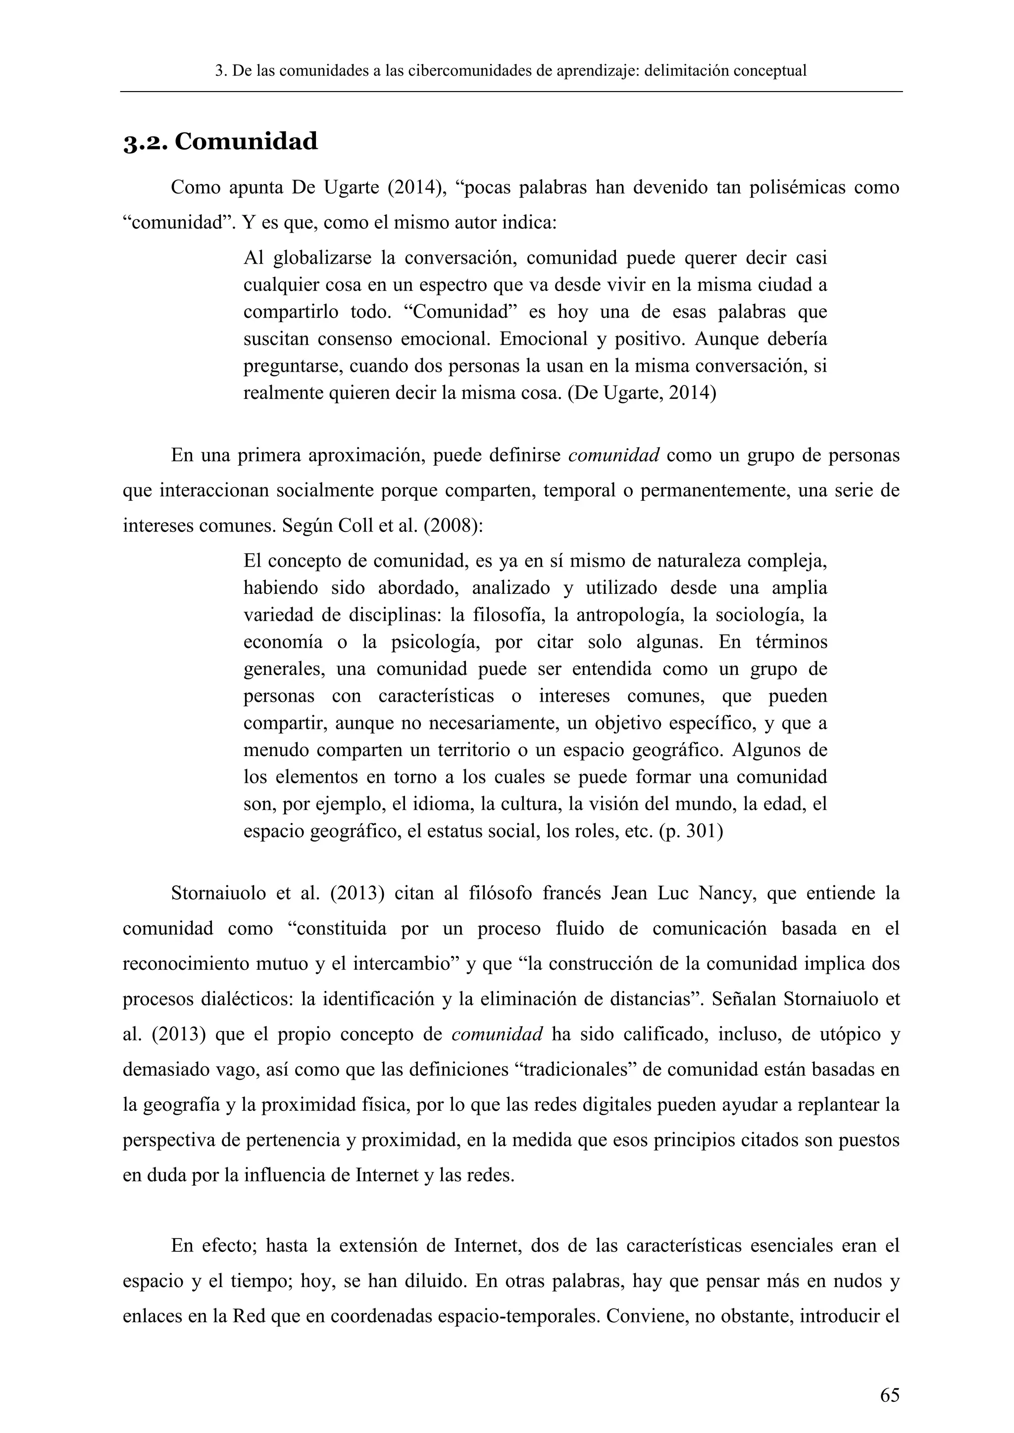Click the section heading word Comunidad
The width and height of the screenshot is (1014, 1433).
pos(246,142)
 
